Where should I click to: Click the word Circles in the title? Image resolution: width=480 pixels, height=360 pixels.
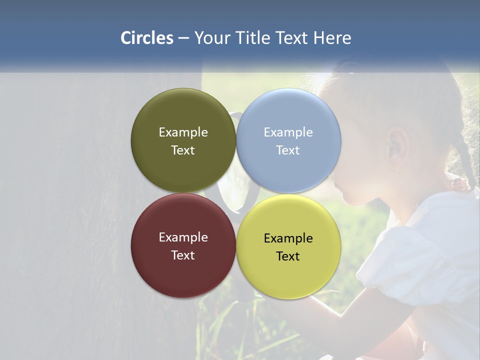click(147, 38)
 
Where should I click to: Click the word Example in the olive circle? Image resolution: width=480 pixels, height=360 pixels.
click(183, 132)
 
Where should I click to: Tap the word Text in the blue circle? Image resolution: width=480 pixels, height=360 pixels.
click(288, 150)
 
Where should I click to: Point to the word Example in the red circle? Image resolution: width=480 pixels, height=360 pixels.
click(183, 237)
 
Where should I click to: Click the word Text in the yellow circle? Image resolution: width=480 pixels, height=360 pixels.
click(288, 256)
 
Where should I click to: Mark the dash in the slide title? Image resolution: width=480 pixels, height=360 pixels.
click(183, 38)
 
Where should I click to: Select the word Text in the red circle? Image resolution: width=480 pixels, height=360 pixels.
click(183, 255)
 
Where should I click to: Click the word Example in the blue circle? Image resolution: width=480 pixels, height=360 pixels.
click(288, 132)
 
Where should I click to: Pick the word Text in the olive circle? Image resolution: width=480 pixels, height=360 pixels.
click(183, 150)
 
